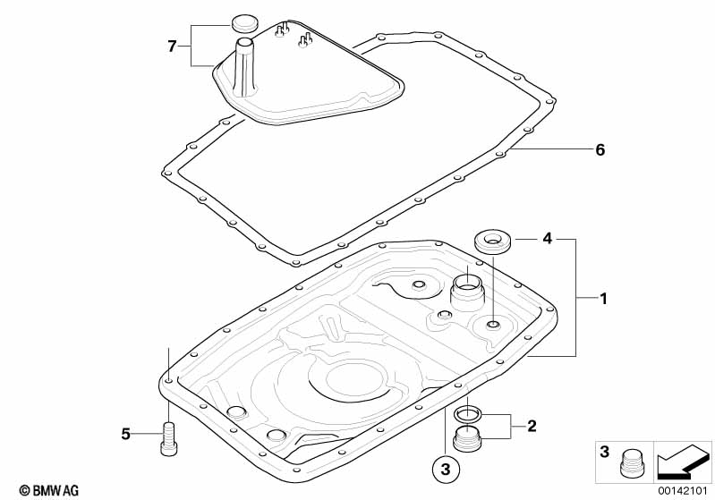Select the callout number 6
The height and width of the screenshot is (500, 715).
point(600,150)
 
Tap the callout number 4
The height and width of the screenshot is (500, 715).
point(547,239)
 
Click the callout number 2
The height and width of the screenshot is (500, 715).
point(532,426)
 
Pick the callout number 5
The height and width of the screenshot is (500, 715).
point(126,435)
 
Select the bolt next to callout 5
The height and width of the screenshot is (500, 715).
point(168,438)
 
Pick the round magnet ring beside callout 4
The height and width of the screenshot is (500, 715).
point(492,240)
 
